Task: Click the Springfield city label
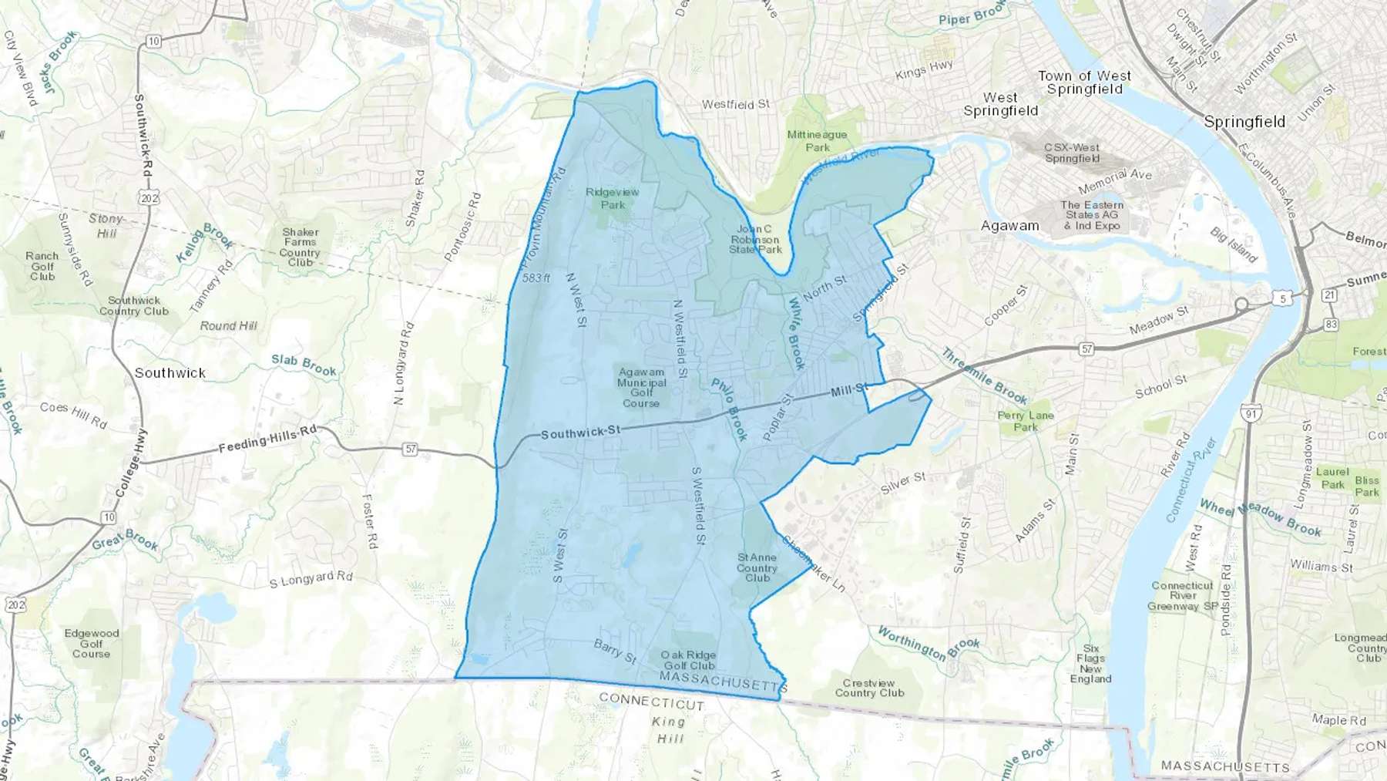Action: pos(1244,122)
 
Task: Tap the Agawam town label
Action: pos(1009,226)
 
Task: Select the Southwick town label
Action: pos(170,372)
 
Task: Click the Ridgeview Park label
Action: pos(613,198)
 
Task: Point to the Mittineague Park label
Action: pos(817,140)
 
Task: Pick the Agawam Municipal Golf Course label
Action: pos(641,387)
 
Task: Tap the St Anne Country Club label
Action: pos(757,567)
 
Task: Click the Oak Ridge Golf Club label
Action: pos(689,660)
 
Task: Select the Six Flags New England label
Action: pos(1090,663)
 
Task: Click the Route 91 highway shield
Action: pos(1251,414)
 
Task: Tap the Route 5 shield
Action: pos(1282,298)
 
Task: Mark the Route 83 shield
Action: pos(1331,324)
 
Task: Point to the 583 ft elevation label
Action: pos(536,278)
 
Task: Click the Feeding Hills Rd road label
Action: pos(267,439)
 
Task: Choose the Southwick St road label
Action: pos(580,432)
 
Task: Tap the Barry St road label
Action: pos(615,651)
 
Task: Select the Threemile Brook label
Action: pos(984,376)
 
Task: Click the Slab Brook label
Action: pos(304,365)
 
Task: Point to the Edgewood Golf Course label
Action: pos(92,643)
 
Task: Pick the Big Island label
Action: pos(1233,244)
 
